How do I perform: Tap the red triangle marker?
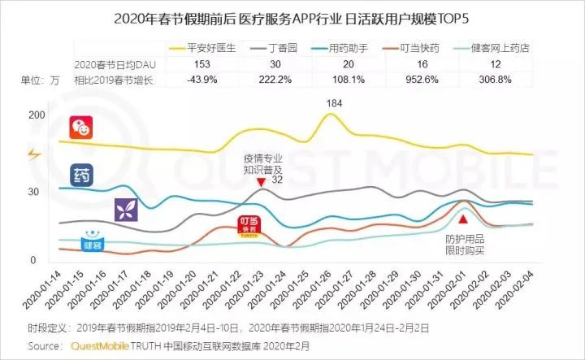coord(463,219)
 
